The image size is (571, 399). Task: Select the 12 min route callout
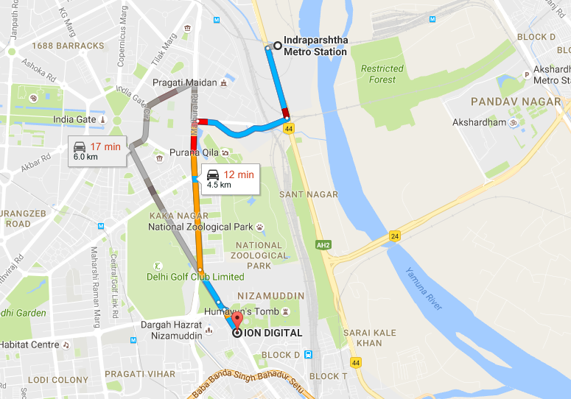(228, 179)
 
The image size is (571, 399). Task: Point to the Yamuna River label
(421, 289)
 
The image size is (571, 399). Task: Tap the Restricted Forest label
(382, 74)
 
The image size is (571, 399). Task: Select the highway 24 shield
(395, 236)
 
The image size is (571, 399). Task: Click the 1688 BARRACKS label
(69, 46)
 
